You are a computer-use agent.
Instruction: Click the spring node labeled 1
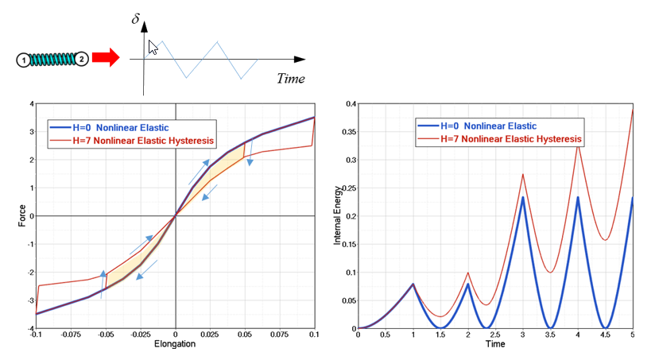pos(24,60)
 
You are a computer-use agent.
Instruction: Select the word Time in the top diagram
pos(291,78)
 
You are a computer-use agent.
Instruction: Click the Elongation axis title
pos(175,345)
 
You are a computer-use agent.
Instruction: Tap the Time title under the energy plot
pos(495,345)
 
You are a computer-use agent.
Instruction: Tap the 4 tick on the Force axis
pos(30,103)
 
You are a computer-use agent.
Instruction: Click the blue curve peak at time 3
pos(523,197)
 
